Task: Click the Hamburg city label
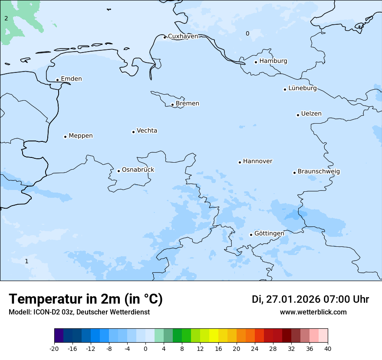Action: (x=273, y=61)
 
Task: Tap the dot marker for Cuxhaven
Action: (x=165, y=37)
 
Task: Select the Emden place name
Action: (x=71, y=79)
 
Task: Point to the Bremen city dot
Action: (x=172, y=105)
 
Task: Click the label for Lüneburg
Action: (x=302, y=88)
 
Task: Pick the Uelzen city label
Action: (x=311, y=114)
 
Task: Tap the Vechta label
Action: (x=147, y=131)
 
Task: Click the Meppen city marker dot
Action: (x=65, y=137)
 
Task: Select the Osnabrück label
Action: (x=138, y=170)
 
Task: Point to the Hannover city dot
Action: (x=240, y=162)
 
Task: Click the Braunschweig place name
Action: (x=319, y=172)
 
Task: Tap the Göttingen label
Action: (x=269, y=234)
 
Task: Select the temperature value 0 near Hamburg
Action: (x=247, y=34)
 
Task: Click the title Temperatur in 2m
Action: (x=86, y=299)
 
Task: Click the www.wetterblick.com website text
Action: (x=313, y=312)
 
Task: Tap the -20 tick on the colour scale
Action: (x=54, y=348)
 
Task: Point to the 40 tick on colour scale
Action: (x=328, y=348)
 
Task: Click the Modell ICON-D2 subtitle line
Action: (x=79, y=312)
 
